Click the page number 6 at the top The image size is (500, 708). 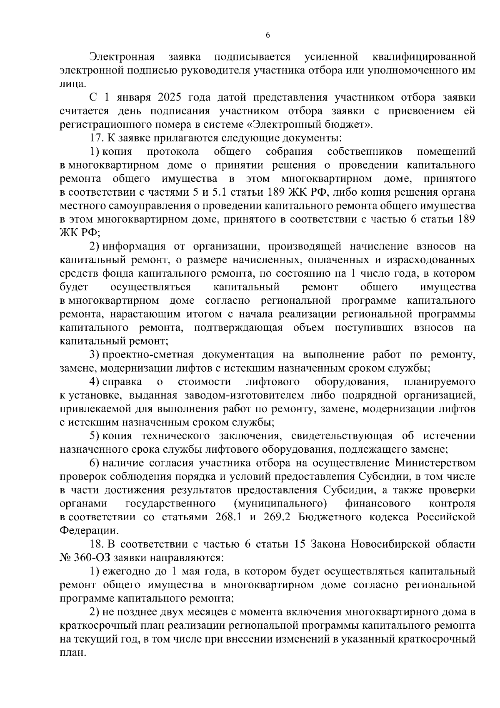point(267,35)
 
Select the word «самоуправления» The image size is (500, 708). point(145,206)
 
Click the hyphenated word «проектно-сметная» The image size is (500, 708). point(148,355)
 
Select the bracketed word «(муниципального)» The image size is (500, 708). point(280,503)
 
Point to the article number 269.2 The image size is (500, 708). point(276,517)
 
